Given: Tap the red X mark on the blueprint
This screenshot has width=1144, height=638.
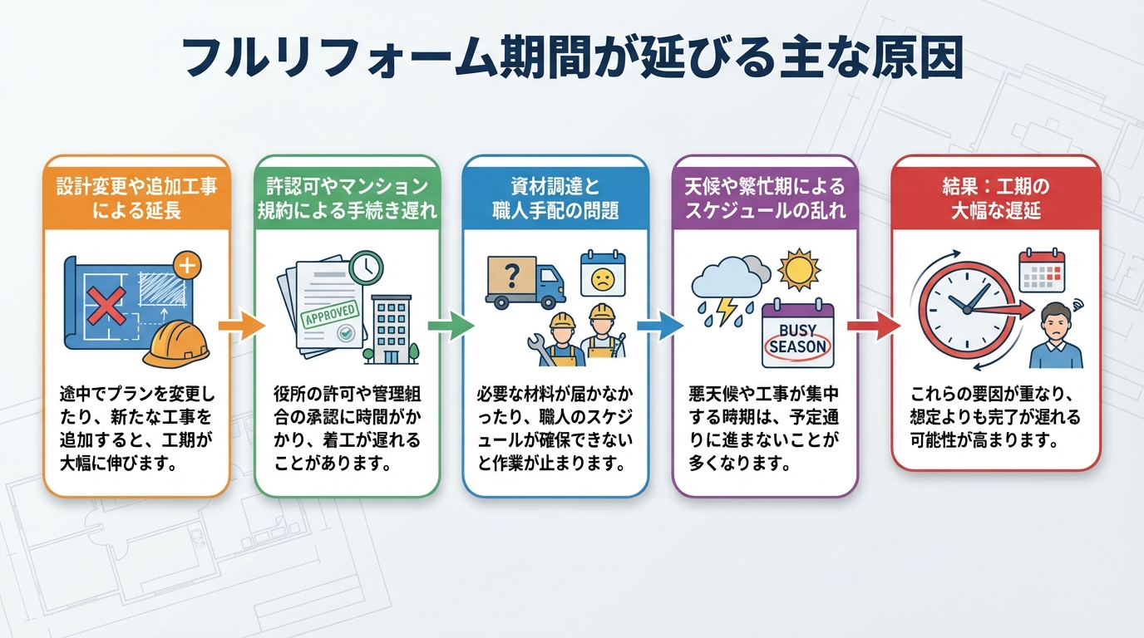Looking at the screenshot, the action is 106,305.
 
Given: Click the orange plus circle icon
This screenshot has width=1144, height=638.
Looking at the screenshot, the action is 187,265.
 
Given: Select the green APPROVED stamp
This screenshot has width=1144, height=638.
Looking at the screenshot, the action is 330,313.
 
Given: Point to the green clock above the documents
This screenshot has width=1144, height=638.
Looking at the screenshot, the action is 366,267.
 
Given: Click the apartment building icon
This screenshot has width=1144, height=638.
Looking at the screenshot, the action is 392,329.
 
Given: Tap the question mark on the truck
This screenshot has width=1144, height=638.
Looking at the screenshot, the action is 511,276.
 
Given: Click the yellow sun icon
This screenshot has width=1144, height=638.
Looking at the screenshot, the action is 799,270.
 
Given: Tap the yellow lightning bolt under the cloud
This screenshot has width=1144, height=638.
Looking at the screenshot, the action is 727,311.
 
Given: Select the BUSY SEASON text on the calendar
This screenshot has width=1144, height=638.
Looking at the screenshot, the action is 798,339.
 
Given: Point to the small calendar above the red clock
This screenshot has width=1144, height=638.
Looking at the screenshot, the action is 1042,271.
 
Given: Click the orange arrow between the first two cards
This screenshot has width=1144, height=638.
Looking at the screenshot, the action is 242,326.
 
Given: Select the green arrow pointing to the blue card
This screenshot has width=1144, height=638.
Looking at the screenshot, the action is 451,326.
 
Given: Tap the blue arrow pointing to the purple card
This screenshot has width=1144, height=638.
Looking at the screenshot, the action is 660,326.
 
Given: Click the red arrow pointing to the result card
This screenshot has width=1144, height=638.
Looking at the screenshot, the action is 874,326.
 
